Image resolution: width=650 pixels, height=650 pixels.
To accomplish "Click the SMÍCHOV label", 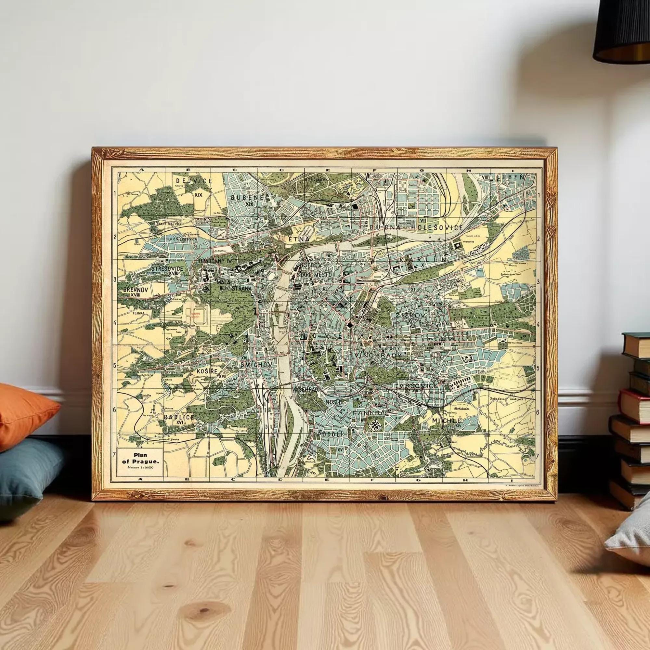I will click(256, 364).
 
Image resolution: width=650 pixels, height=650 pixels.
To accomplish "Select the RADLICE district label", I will click(179, 417).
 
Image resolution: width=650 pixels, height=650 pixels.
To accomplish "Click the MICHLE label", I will click(447, 421).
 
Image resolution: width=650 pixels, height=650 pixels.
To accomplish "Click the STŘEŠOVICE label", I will click(167, 268).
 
